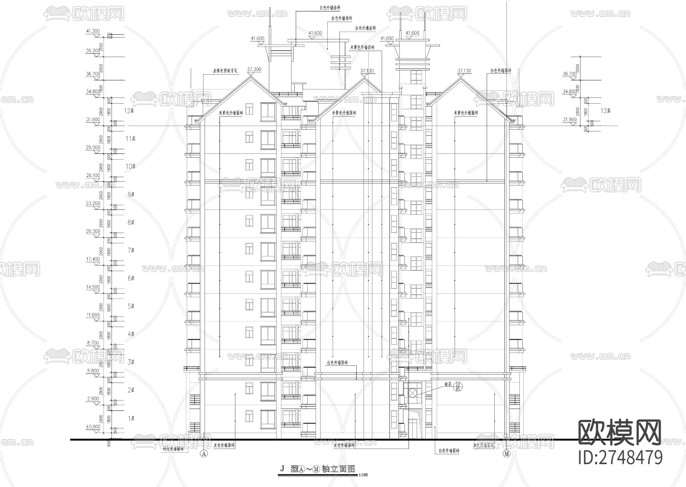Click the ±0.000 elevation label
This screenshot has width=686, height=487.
tap(93, 427)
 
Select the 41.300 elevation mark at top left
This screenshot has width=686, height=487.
tap(93, 31)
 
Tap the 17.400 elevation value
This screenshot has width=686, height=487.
tap(93, 259)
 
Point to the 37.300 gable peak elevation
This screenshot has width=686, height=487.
tap(254, 69)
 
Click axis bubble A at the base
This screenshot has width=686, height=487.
tap(204, 453)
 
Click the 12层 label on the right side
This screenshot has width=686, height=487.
tap(606, 111)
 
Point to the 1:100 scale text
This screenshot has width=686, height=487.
tap(363, 475)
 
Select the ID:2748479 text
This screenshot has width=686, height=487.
tap(620, 457)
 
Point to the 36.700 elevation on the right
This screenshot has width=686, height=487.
tap(569, 74)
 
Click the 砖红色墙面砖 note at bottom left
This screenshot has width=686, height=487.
tap(173, 449)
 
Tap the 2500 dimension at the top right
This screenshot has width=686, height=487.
tap(578, 69)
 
